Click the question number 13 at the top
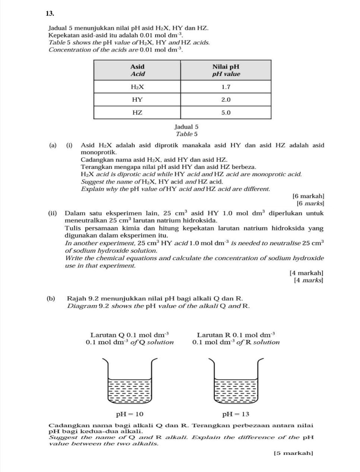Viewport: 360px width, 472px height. tap(50, 13)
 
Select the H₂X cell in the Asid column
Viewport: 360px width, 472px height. tap(137, 87)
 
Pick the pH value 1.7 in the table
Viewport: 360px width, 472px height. tap(226, 87)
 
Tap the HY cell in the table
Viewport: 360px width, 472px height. tap(137, 100)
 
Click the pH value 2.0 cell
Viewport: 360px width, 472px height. tap(226, 100)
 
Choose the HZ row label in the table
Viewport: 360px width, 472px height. tap(137, 112)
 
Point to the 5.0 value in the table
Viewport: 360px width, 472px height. tap(226, 112)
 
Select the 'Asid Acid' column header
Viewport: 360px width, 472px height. tap(137, 70)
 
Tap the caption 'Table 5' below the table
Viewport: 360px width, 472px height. tap(186, 134)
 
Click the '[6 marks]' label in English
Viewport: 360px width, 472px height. tap(310, 203)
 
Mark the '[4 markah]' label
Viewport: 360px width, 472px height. tap(306, 273)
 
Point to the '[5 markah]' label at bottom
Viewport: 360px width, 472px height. tap(293, 453)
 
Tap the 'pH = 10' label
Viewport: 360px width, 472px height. tap(129, 414)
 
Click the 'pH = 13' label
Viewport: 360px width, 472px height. tap(236, 414)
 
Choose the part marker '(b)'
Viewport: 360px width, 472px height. tap(51, 298)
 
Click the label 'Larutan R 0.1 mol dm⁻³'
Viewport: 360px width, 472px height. tap(236, 335)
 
